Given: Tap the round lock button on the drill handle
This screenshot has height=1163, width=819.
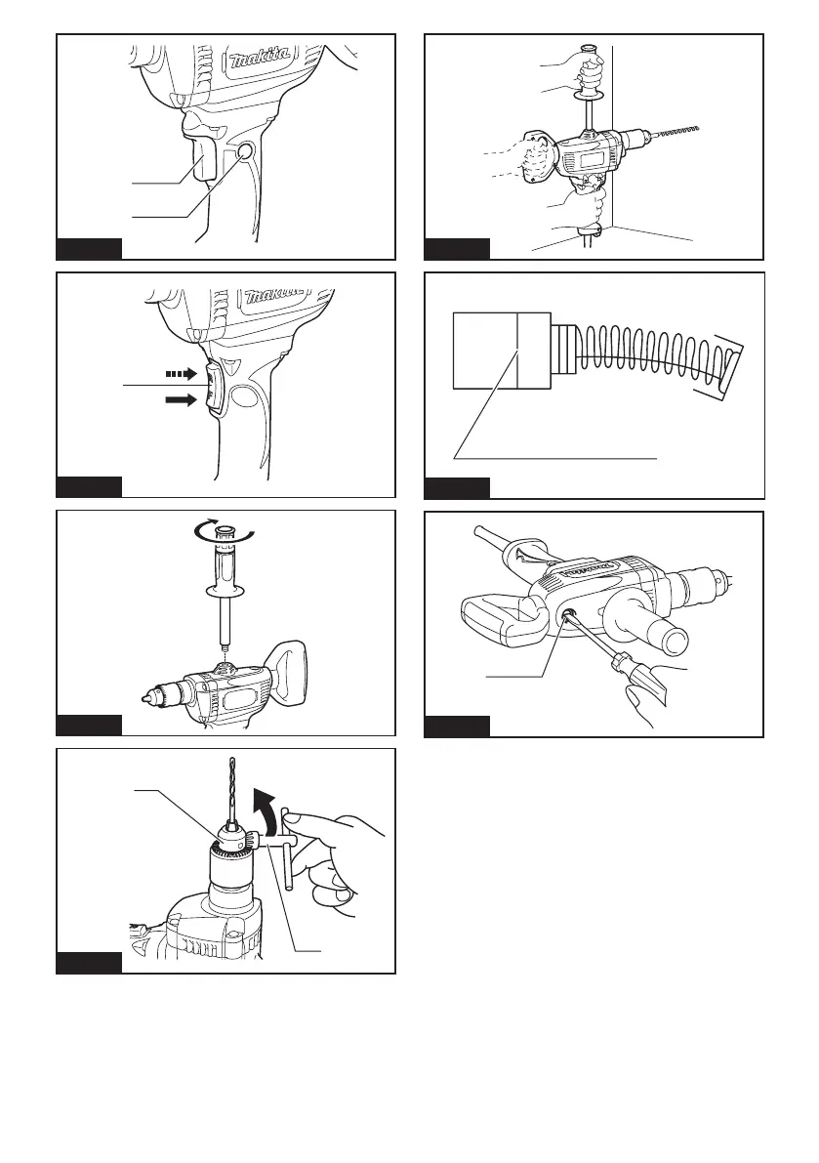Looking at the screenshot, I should [245, 152].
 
